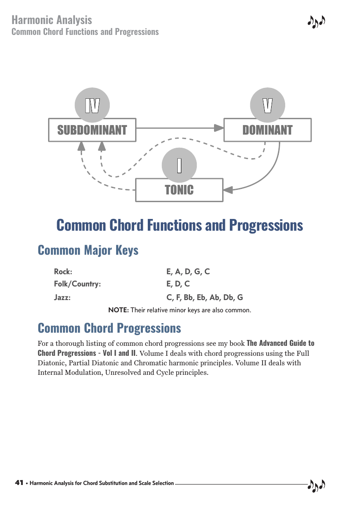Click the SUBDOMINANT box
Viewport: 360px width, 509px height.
pyautogui.click(x=92, y=130)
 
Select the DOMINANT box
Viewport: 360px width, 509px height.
pyautogui.click(x=268, y=130)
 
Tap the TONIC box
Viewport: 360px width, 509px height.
pyautogui.click(x=179, y=190)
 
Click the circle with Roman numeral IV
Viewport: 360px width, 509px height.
pyautogui.click(x=92, y=105)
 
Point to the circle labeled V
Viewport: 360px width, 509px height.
pyautogui.click(x=268, y=105)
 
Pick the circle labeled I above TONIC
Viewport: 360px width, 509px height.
pyautogui.click(x=179, y=165)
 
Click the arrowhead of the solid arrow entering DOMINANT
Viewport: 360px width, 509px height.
pyautogui.click(x=219, y=128)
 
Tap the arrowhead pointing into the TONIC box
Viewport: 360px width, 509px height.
pyautogui.click(x=228, y=190)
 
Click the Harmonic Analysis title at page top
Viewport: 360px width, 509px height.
pyautogui.click(x=52, y=20)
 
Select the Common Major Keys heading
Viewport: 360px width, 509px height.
pyautogui.click(x=88, y=250)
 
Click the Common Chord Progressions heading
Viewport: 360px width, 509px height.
pyautogui.click(x=109, y=328)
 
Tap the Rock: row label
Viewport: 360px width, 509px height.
pyautogui.click(x=63, y=271)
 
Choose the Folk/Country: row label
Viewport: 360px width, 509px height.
pyautogui.click(x=77, y=284)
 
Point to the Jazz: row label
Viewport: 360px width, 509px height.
pyautogui.click(x=62, y=297)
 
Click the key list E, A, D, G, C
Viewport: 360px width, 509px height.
pyautogui.click(x=188, y=271)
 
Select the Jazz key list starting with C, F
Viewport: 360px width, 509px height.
pyautogui.click(x=204, y=297)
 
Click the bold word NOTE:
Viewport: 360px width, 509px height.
pyautogui.click(x=118, y=310)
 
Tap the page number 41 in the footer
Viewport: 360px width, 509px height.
pyautogui.click(x=19, y=483)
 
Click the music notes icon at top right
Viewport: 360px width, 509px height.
pyautogui.click(x=316, y=22)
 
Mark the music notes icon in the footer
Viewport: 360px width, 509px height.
pyautogui.click(x=316, y=485)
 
